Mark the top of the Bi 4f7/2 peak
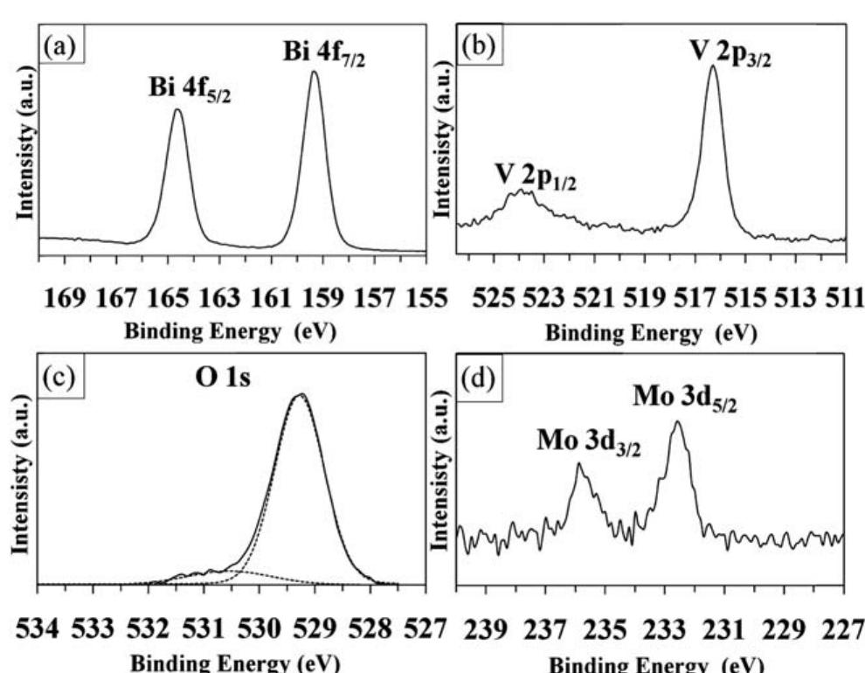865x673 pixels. pyautogui.click(x=315, y=72)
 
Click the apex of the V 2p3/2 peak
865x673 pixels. pyautogui.click(x=712, y=66)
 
